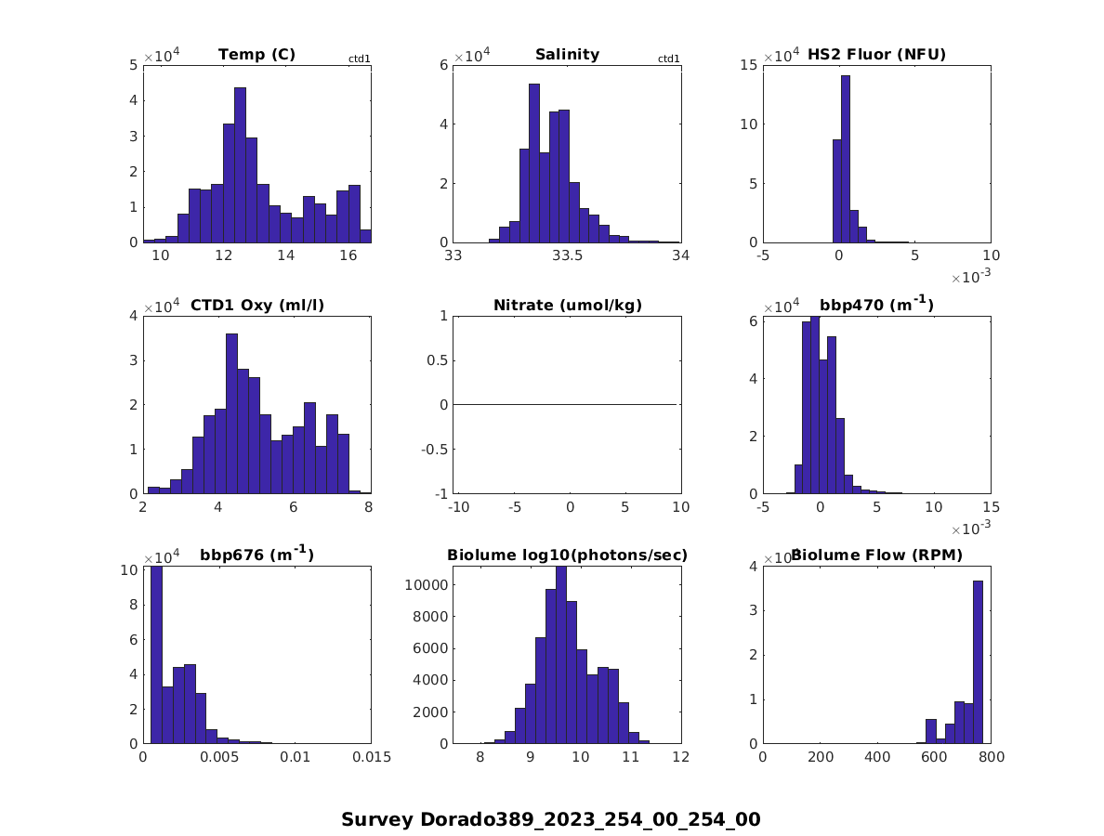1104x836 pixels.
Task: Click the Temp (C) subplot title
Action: point(256,55)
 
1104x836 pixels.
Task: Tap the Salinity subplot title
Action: point(567,55)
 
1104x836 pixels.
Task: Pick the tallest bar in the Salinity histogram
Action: point(534,163)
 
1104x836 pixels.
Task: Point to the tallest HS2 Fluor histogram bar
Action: point(846,159)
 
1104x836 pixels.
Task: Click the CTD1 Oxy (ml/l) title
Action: point(257,305)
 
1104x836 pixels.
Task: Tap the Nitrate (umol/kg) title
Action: point(568,305)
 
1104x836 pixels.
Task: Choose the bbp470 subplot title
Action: point(876,304)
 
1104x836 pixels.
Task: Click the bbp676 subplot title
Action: point(257,555)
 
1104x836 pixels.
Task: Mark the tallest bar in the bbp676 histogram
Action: point(156,655)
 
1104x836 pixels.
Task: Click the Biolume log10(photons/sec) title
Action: point(567,555)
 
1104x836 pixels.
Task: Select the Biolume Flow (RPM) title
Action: point(876,555)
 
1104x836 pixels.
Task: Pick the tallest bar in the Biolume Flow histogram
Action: point(978,662)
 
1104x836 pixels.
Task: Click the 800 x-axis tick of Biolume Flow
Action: point(991,758)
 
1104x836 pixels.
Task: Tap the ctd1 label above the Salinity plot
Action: point(669,59)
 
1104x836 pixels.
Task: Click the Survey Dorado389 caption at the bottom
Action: point(551,819)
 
